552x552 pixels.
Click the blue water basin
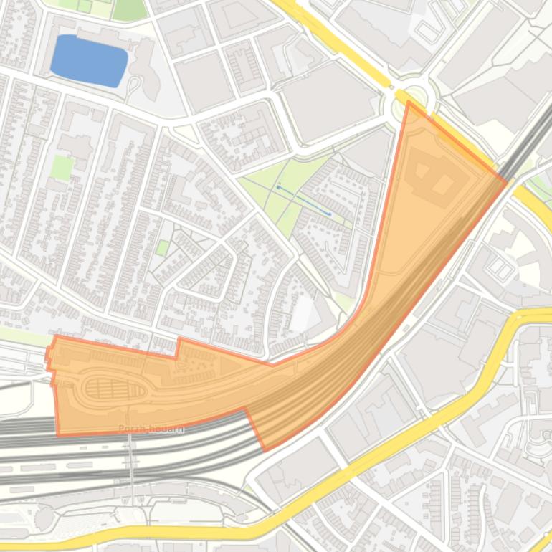click(x=90, y=61)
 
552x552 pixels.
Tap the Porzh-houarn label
click(x=151, y=429)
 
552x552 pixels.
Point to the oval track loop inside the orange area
click(x=115, y=388)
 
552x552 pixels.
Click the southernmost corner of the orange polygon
click(x=265, y=450)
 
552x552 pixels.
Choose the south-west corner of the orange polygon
click(x=58, y=434)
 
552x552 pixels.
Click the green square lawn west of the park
click(x=62, y=168)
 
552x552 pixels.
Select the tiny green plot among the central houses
click(x=163, y=247)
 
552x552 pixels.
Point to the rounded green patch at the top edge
click(x=130, y=9)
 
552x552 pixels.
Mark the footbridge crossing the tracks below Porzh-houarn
click(x=131, y=466)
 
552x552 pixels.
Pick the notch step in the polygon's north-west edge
click(x=178, y=348)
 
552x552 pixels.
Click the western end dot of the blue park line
click(x=278, y=187)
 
